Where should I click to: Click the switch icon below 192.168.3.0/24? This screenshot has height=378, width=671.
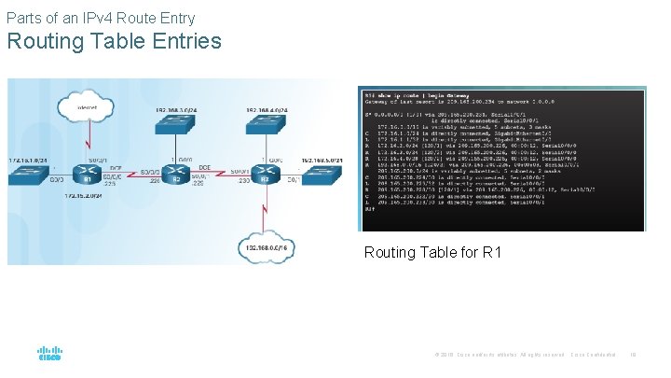[x=172, y=128]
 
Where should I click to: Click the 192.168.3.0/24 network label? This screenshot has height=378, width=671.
[x=173, y=110]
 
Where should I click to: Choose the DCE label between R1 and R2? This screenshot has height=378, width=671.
[x=114, y=168]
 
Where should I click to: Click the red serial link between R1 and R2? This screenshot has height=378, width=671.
[x=129, y=173]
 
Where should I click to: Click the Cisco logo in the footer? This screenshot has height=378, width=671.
[x=49, y=354]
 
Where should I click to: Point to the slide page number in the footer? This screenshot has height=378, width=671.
[x=633, y=355]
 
